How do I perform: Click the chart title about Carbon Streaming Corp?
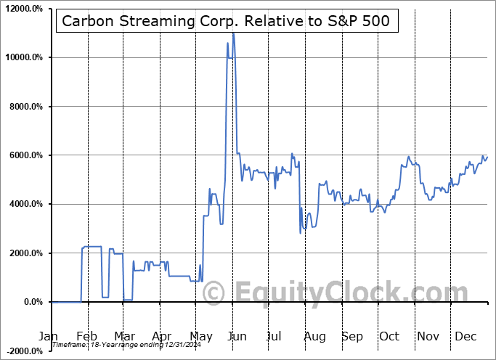click(226, 21)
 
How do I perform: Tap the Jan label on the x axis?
click(49, 337)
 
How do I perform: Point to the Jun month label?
click(236, 337)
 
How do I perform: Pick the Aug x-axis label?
click(314, 337)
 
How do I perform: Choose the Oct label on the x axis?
click(390, 337)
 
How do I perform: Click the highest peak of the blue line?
click(233, 33)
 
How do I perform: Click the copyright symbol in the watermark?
click(214, 294)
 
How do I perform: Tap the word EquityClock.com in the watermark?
click(351, 293)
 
